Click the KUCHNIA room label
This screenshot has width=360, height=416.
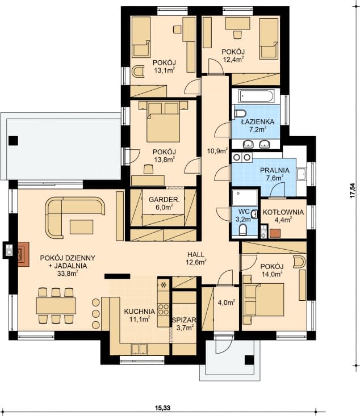(x=139, y=311)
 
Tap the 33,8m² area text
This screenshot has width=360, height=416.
(x=68, y=274)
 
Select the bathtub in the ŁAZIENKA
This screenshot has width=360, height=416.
(x=256, y=96)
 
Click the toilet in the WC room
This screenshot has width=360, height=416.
(x=243, y=230)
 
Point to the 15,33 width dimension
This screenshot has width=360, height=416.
(x=163, y=407)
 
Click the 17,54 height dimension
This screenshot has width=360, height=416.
(x=352, y=191)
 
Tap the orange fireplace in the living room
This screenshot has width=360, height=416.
(x=23, y=254)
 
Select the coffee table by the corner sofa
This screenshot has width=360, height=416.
(x=82, y=227)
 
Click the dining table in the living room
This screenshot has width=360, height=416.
(x=56, y=305)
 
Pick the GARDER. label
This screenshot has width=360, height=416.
(x=164, y=200)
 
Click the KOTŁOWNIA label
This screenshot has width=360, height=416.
(x=283, y=212)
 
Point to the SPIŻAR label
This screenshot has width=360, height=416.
(x=184, y=320)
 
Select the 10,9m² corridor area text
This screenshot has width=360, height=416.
(x=217, y=151)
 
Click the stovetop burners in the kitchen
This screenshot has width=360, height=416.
(x=164, y=309)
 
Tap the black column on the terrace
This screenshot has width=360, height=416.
(x=13, y=141)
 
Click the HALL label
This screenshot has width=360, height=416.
(x=196, y=255)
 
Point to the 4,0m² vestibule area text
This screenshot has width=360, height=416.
(x=227, y=302)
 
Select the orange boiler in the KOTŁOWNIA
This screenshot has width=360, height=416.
(x=275, y=233)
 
